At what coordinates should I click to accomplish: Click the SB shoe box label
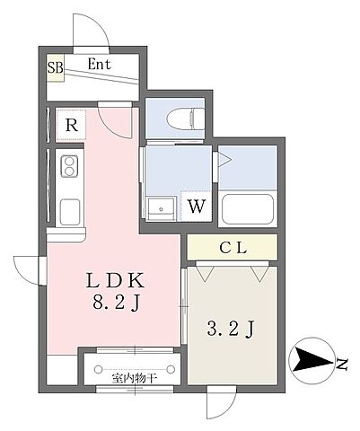(56, 67)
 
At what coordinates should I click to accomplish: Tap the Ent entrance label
(100, 65)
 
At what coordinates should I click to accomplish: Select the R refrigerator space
(72, 125)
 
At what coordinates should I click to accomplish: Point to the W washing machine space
(197, 206)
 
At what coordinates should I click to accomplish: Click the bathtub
(248, 209)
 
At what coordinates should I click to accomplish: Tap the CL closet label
(233, 248)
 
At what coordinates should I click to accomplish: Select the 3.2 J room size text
(231, 330)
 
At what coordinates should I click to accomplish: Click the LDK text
(115, 280)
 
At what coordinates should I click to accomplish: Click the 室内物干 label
(135, 379)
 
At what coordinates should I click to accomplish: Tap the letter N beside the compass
(342, 365)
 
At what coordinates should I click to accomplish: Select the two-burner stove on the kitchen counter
(69, 166)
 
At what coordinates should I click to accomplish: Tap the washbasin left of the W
(162, 208)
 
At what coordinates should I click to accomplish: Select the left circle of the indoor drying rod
(98, 370)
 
